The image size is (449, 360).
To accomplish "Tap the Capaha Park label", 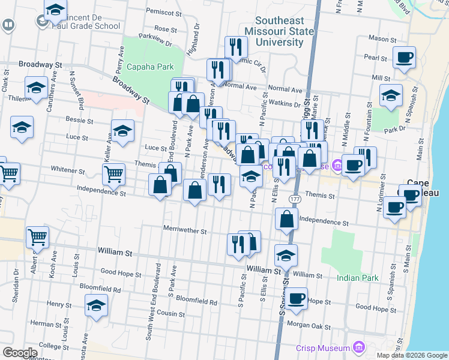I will [x=153, y=67].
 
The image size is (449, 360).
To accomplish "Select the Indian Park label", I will [x=357, y=278].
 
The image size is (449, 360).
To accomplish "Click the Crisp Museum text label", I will [x=323, y=348].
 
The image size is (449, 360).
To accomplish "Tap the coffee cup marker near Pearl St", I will [x=405, y=58].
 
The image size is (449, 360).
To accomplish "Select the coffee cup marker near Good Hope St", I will [x=296, y=299].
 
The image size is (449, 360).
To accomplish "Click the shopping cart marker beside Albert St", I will [x=37, y=238].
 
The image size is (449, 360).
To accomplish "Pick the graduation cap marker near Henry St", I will [x=96, y=305].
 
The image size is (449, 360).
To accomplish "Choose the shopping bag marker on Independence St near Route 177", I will [x=287, y=220].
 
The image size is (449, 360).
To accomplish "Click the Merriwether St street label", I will [x=185, y=230].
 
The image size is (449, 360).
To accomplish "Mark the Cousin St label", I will [x=172, y=314].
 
